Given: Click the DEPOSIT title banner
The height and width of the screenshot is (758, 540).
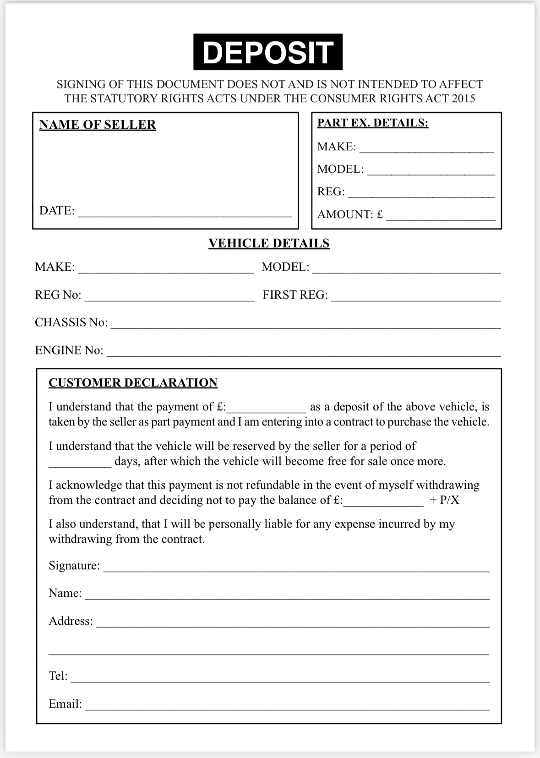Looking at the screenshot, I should pos(267,52).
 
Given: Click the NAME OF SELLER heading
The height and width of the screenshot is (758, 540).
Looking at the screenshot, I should pos(98,125).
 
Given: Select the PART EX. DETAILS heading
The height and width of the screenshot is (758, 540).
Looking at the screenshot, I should pos(372,123).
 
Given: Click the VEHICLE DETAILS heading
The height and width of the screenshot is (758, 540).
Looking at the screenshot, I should pos(269,243).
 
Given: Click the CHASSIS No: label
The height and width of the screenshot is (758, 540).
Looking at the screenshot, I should pos(71,322).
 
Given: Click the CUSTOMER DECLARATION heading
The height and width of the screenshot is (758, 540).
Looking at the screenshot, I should pos(133,382).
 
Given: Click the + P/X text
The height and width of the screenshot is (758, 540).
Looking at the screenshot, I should pos(444,500).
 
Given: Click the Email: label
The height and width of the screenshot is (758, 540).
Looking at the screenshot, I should pos(65,704).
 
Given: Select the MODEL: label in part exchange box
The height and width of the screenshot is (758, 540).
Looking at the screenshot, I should pos(340,169).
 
